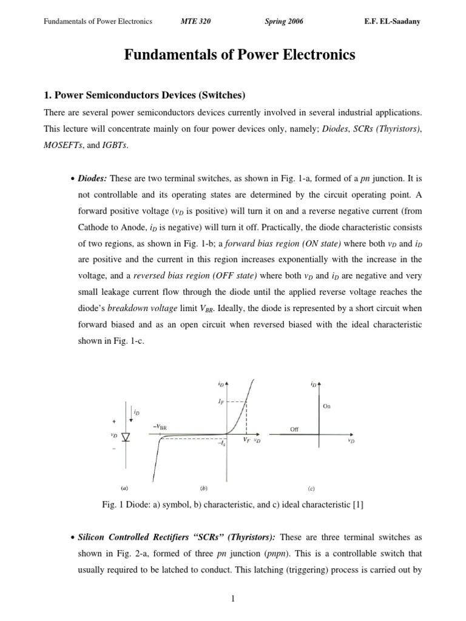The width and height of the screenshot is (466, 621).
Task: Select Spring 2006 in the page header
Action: click(x=284, y=22)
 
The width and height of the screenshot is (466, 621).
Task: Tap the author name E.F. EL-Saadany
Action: click(x=391, y=22)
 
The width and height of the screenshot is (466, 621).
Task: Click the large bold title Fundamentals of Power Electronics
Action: click(x=240, y=56)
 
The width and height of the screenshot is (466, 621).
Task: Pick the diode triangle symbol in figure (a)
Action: click(x=126, y=437)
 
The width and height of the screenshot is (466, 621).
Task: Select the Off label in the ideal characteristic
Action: click(x=295, y=429)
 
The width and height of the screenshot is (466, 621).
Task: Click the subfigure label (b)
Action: click(x=204, y=487)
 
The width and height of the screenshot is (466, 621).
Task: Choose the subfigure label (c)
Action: click(x=311, y=487)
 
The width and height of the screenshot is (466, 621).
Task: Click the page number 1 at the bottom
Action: click(x=232, y=600)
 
